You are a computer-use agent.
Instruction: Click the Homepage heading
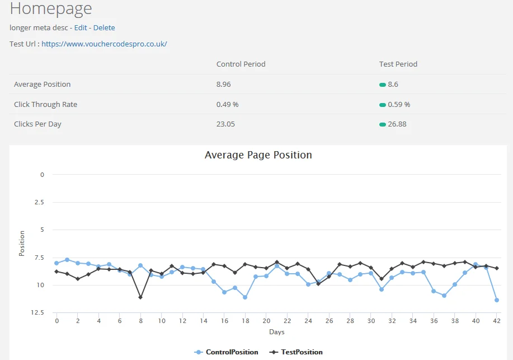click(x=51, y=8)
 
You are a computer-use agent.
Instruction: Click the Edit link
click(x=81, y=27)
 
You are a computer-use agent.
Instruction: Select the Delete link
click(x=104, y=27)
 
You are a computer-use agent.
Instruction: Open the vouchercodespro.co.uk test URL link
click(x=104, y=44)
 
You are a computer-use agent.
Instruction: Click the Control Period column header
click(x=241, y=64)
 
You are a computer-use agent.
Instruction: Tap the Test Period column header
click(x=398, y=64)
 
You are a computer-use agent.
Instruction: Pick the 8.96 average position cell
click(x=223, y=84)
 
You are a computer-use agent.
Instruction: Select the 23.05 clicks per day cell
click(x=225, y=124)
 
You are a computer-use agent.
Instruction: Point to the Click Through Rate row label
click(x=45, y=104)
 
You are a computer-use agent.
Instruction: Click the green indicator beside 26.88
click(x=383, y=124)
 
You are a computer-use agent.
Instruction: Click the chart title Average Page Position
click(x=258, y=155)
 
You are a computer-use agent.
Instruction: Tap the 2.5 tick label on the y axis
click(x=39, y=202)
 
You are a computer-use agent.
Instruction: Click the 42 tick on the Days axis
click(x=496, y=321)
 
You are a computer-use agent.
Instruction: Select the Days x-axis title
click(x=276, y=332)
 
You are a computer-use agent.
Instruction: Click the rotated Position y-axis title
click(x=22, y=244)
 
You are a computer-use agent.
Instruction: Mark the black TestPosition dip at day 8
click(x=140, y=297)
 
